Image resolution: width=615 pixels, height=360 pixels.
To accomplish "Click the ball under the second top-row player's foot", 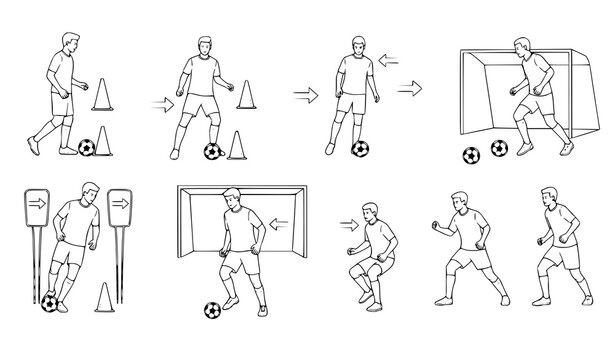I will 212,151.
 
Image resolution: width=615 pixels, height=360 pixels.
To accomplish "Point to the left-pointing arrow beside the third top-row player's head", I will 389,59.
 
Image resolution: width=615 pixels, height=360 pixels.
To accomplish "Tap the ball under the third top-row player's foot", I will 360,150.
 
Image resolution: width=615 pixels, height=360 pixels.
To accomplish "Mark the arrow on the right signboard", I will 120,201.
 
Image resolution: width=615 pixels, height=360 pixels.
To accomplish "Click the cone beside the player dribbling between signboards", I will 106,296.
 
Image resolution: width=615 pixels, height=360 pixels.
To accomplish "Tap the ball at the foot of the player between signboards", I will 49,301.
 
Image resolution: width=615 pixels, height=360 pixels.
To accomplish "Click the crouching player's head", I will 372,212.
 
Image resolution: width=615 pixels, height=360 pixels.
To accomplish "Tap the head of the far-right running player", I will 549,198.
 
